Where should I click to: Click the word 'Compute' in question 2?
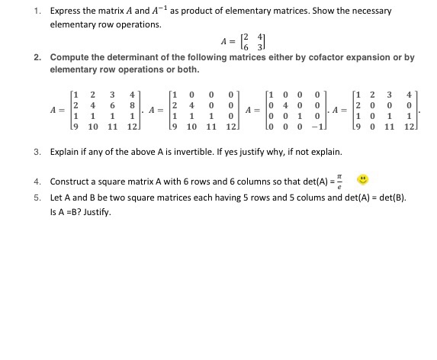[69, 57]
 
